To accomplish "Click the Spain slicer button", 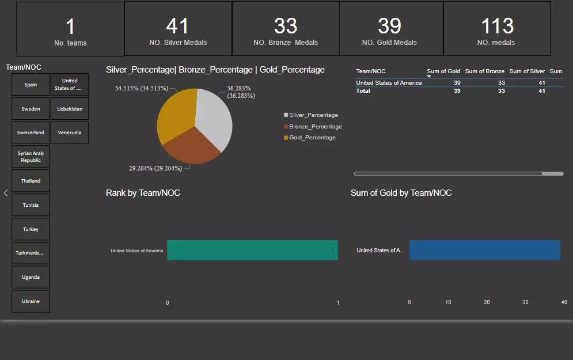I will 31,85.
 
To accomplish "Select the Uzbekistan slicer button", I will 70,109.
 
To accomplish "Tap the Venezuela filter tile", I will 70,132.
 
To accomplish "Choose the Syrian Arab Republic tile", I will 31,157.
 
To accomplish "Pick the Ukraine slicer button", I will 31,301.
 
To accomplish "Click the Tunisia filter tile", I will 31,205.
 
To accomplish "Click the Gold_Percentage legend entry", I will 312,138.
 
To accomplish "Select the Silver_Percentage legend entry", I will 313,115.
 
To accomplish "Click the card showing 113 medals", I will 496,29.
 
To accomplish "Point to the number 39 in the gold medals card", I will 389,26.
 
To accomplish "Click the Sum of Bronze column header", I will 484,71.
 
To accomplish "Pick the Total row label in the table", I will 363,91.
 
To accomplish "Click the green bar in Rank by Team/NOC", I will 252,251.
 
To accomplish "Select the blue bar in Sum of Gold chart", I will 484,251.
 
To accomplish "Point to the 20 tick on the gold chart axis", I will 487,302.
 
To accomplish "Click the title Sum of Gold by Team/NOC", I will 401,193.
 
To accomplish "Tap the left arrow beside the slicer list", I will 6,193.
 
